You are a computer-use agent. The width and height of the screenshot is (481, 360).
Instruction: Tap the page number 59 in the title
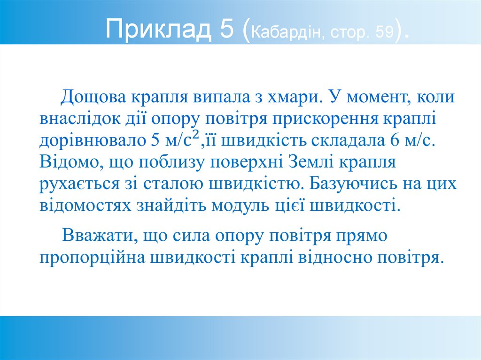click(384, 32)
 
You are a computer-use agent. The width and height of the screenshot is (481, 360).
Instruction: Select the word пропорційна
click(92, 257)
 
